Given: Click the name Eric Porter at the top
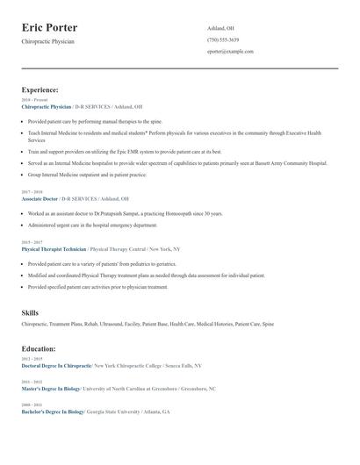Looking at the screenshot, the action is (49, 28).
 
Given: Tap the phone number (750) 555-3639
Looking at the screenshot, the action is (222, 39).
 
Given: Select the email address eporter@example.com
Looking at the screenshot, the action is (230, 52).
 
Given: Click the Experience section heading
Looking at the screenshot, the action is (40, 89).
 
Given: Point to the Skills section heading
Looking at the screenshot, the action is (30, 312).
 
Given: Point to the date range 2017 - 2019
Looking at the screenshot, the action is (32, 192).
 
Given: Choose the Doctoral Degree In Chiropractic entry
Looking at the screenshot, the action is (56, 365).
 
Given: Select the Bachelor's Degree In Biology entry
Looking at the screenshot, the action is (54, 411).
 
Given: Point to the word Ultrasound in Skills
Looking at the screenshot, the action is (111, 324).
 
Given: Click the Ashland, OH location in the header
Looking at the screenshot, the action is (220, 28).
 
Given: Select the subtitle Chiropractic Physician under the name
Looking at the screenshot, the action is (47, 41).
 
